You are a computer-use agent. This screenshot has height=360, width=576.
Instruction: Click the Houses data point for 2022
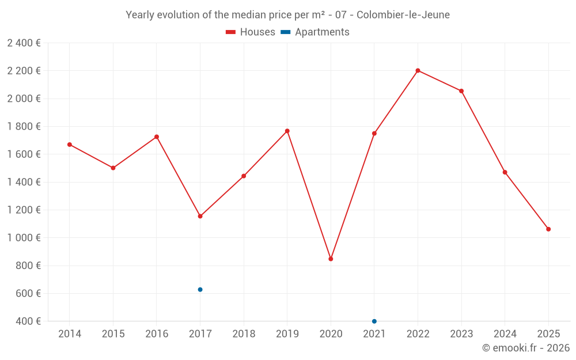[418, 71]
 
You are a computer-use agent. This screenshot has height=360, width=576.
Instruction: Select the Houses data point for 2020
[331, 259]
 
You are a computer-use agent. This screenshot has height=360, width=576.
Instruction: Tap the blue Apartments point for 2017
[200, 290]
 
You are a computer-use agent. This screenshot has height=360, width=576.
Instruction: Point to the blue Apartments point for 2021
[374, 321]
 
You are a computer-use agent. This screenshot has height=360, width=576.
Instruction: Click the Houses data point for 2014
[70, 145]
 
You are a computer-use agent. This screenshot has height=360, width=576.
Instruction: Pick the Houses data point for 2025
[548, 229]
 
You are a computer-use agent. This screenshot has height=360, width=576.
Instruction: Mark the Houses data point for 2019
[287, 131]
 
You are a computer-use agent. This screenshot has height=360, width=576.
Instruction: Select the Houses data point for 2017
[200, 216]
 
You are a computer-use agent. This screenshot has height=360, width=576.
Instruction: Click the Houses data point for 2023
[461, 91]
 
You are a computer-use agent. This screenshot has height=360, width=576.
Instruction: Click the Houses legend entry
[251, 32]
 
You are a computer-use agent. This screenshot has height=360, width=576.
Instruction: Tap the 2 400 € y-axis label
[24, 43]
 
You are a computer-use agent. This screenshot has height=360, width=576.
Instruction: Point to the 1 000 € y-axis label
[24, 238]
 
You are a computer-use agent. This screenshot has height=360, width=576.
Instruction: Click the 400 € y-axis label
[27, 321]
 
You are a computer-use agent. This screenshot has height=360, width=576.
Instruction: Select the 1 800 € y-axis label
[24, 126]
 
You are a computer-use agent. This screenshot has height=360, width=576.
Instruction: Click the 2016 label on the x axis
[157, 334]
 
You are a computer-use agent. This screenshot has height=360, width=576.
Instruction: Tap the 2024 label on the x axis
[505, 334]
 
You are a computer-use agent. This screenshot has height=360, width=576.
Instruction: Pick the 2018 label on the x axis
[244, 334]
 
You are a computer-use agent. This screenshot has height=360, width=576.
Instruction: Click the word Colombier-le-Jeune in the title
[407, 15]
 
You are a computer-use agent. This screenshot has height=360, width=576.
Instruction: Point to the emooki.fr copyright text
[525, 348]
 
